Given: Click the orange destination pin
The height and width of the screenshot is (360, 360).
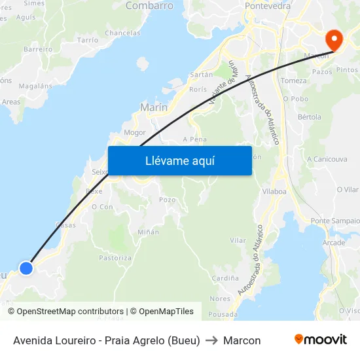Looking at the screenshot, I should pyautogui.click(x=334, y=40).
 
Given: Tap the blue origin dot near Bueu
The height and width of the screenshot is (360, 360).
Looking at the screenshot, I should pyautogui.click(x=26, y=268).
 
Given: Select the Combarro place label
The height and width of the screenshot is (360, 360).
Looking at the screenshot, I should pyautogui.click(x=149, y=6).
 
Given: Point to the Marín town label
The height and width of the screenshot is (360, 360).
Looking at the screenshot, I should pyautogui.click(x=154, y=107).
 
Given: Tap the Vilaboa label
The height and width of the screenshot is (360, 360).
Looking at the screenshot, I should pyautogui.click(x=274, y=191).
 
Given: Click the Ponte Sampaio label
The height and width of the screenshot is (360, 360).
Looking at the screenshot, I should pyautogui.click(x=335, y=221).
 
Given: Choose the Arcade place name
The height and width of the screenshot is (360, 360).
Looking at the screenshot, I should pyautogui.click(x=334, y=242).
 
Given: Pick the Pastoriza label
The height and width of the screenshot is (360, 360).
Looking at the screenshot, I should pyautogui.click(x=115, y=258).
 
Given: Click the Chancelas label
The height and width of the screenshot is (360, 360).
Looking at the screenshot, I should pyautogui.click(x=122, y=33).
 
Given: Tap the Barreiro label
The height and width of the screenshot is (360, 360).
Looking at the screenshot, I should pyautogui.click(x=37, y=49).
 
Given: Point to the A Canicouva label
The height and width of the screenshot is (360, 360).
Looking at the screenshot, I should pyautogui.click(x=327, y=158).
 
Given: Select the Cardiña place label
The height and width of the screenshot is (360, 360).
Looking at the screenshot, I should pyautogui.click(x=225, y=278).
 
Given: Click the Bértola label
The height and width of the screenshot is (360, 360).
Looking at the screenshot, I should pyautogui.click(x=310, y=117).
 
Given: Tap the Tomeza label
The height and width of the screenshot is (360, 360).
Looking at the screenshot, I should pyautogui.click(x=293, y=81).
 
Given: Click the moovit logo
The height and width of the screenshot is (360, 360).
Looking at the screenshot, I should pyautogui.click(x=320, y=340).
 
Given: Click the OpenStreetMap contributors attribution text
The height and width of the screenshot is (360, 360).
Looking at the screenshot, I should pyautogui.click(x=70, y=312).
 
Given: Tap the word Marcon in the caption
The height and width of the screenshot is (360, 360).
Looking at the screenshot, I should pyautogui.click(x=242, y=340).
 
